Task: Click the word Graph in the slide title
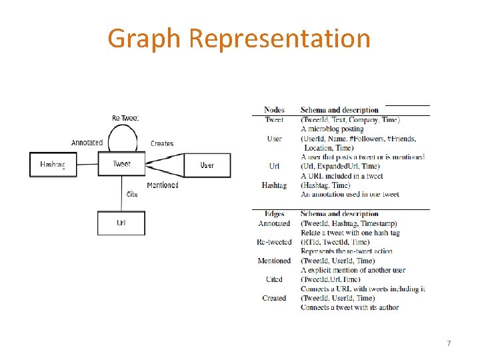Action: click(144, 39)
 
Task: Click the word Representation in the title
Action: click(279, 39)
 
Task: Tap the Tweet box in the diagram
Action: click(121, 164)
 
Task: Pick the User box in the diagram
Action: click(207, 165)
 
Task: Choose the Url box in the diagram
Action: click(121, 223)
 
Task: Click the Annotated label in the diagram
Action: click(87, 143)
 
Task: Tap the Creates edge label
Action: click(162, 143)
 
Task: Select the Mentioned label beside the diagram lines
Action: click(163, 185)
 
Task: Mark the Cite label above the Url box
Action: click(132, 194)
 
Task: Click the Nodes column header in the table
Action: click(274, 110)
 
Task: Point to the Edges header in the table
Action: click(274, 214)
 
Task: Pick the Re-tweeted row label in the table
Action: click(274, 242)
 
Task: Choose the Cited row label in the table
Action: click(274, 279)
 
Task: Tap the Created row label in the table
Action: click(274, 298)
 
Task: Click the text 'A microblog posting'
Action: click(332, 129)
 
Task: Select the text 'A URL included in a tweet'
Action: click(341, 176)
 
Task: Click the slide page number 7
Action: click(449, 343)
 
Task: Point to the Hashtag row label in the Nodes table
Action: click(274, 185)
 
